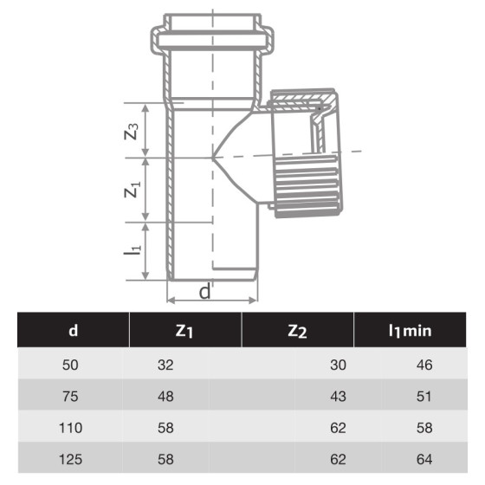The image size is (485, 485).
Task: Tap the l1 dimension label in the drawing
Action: click(132, 250)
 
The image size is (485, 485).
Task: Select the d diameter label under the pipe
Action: click(205, 292)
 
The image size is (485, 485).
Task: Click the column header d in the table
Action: click(73, 329)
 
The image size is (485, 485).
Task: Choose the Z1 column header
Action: click(184, 329)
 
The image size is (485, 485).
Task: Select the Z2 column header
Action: click(297, 329)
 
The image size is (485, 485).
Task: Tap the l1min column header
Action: click(410, 329)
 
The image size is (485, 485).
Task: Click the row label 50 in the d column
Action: click(72, 365)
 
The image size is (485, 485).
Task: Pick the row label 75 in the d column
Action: click(72, 397)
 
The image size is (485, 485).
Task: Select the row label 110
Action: click(72, 428)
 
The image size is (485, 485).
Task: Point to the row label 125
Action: click(72, 459)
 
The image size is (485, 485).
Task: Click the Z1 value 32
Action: click(165, 365)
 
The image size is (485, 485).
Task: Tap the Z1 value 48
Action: click(165, 397)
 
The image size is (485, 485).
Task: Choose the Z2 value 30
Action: click(338, 365)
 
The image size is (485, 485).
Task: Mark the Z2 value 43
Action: click(338, 397)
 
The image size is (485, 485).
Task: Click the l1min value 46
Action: click(424, 365)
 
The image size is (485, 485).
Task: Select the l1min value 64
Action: click(424, 459)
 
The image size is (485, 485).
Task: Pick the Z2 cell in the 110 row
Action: click(338, 428)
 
